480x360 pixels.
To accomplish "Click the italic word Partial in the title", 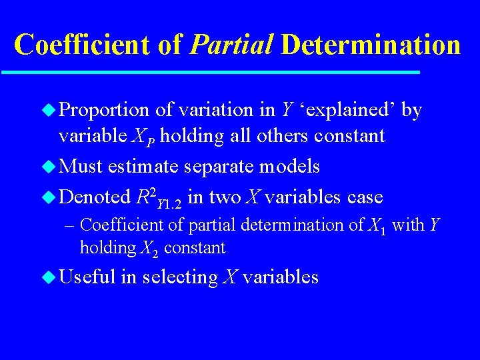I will click(231, 45).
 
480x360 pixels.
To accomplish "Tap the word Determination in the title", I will click(371, 45).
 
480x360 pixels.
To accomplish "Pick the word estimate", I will click(147, 166).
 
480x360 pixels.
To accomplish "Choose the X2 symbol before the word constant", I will click(149, 249).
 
